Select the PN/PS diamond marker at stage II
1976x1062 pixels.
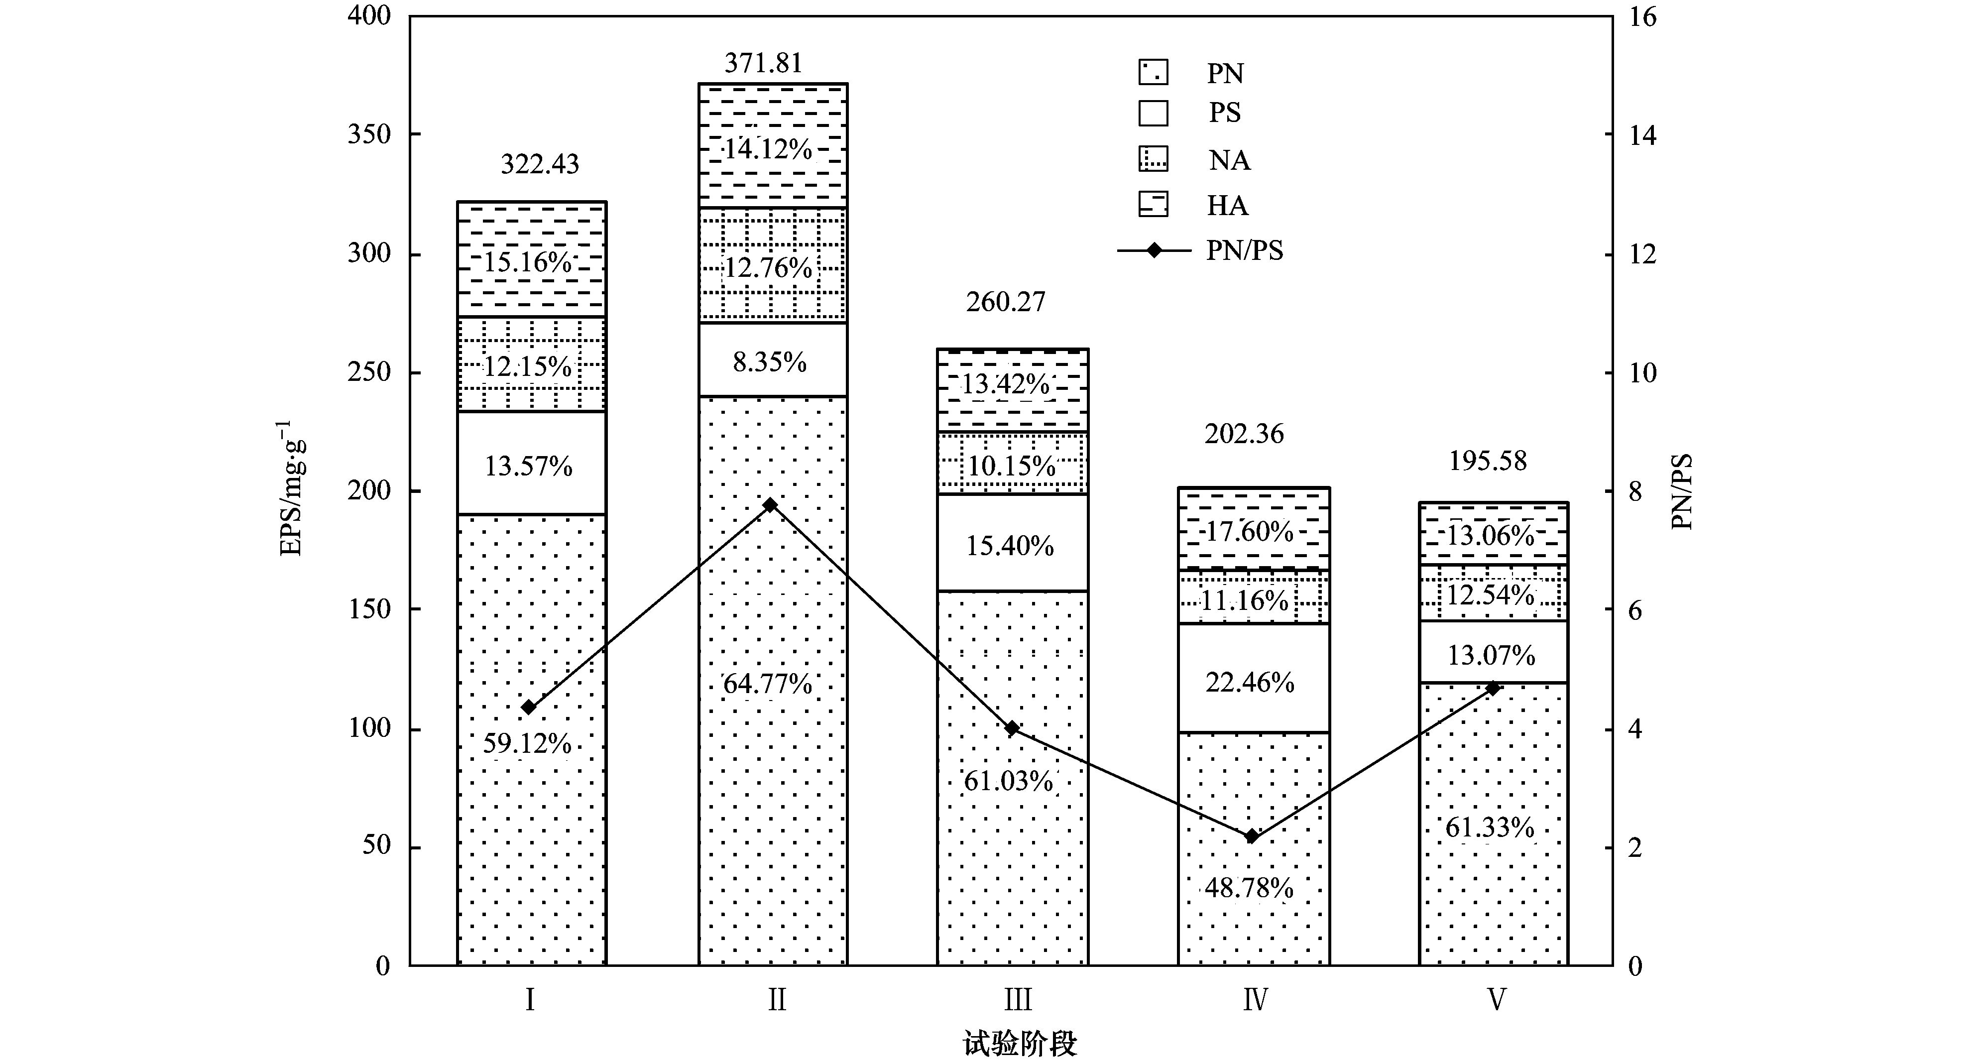click(770, 505)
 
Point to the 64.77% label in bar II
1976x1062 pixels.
click(767, 683)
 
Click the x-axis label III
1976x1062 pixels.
click(1018, 1000)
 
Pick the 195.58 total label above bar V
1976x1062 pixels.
click(1488, 461)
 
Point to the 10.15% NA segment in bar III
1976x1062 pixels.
click(1011, 465)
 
